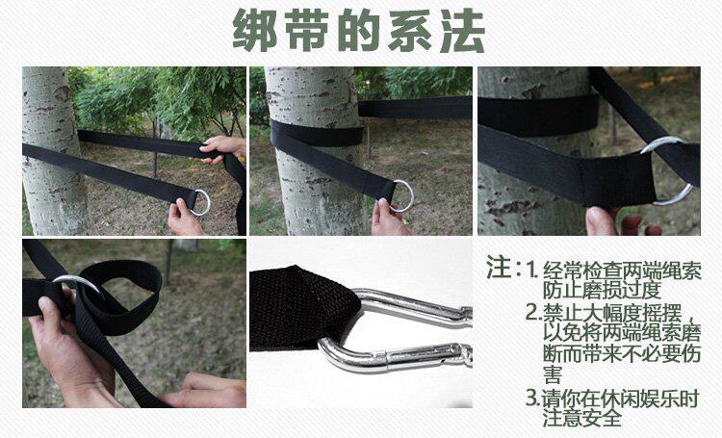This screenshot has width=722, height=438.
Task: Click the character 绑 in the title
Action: coord(255,30)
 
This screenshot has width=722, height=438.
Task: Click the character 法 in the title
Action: coord(462,30)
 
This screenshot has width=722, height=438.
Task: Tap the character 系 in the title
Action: coord(410,30)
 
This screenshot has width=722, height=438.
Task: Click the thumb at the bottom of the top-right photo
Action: coord(601,221)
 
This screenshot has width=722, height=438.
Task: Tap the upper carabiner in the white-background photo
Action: coord(412,305)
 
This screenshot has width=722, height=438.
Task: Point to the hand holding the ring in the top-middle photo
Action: coord(389,219)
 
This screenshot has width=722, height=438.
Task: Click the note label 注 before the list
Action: coord(499,267)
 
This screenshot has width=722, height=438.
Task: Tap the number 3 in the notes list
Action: coord(533,398)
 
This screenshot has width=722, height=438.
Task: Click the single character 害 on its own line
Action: coord(553,374)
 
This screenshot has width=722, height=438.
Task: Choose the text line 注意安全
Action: coord(581,418)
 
